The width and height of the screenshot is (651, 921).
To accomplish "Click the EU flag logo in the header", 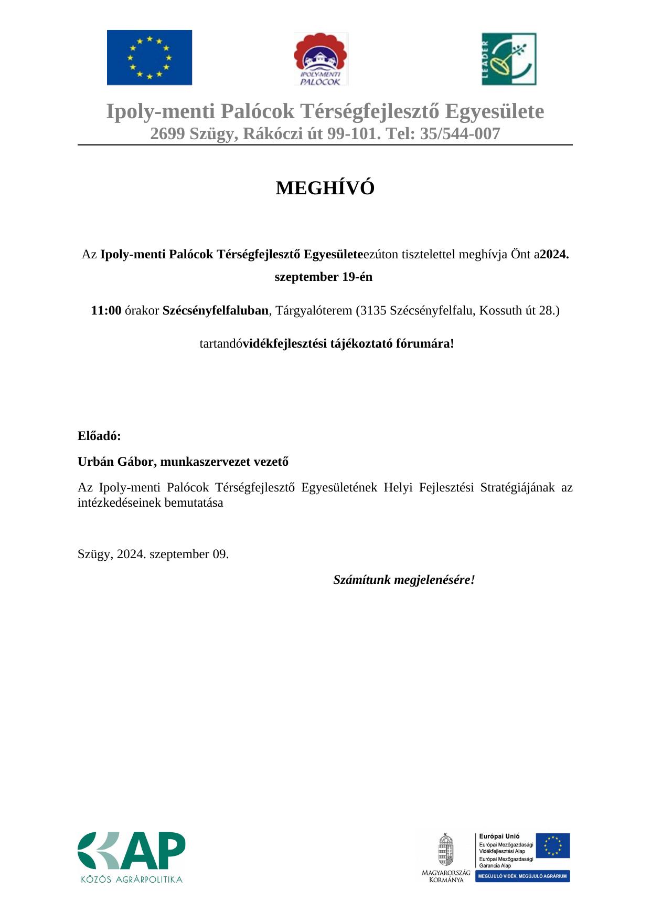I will click(150, 58).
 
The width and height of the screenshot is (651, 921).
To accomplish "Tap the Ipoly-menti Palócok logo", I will click(321, 59).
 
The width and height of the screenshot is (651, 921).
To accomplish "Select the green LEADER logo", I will click(509, 59).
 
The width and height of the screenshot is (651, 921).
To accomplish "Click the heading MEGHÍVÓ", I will click(325, 188).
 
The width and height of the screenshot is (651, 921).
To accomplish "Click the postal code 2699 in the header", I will click(167, 134).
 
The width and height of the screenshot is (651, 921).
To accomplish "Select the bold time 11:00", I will click(106, 310).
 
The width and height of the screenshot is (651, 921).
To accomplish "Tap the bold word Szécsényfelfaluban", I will click(216, 310).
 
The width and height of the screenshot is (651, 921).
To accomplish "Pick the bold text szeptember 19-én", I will click(324, 277).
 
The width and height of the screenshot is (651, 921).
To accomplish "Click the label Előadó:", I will click(99, 436).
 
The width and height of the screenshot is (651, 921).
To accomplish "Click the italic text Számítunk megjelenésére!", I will click(404, 580).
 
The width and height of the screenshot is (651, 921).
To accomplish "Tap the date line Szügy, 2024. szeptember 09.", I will click(153, 554).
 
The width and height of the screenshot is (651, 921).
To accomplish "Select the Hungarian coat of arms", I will click(446, 850).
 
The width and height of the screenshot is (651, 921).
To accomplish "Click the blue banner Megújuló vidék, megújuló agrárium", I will click(522, 876).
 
